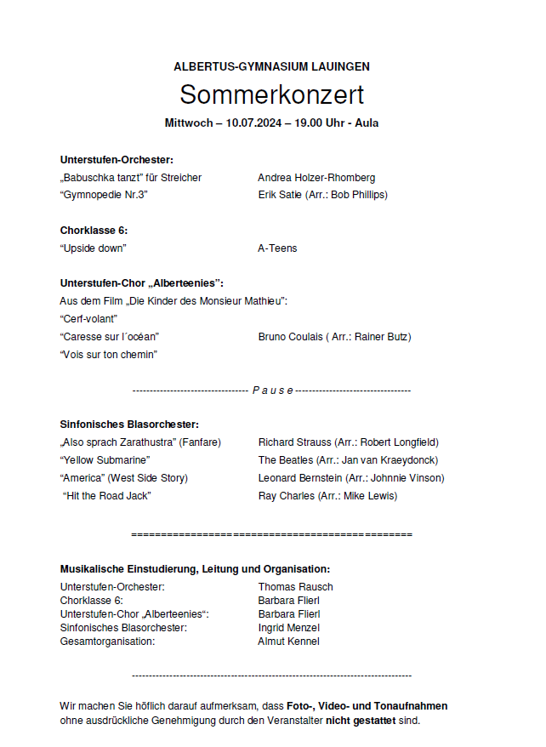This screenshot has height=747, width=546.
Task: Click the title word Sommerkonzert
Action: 271,94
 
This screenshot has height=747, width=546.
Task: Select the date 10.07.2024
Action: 253,123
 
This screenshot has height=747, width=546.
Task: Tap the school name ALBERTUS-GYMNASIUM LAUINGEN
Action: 271,66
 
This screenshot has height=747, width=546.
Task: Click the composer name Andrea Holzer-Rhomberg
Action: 316,178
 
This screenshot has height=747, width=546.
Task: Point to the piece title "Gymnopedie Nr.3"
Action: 105,195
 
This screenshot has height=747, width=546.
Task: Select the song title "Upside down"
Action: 94,248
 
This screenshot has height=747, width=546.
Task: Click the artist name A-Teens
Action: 277,248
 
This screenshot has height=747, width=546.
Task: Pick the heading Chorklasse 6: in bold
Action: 94,231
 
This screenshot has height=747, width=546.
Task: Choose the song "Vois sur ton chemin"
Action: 109,355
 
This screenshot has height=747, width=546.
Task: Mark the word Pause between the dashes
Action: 272,391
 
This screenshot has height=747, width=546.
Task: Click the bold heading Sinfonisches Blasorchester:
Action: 129,424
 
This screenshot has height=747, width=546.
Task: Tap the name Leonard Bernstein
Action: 300,478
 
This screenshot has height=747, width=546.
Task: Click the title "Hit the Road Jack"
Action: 107,496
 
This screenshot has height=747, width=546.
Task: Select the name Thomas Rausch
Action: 295,587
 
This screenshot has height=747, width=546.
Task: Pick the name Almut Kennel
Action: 288,642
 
